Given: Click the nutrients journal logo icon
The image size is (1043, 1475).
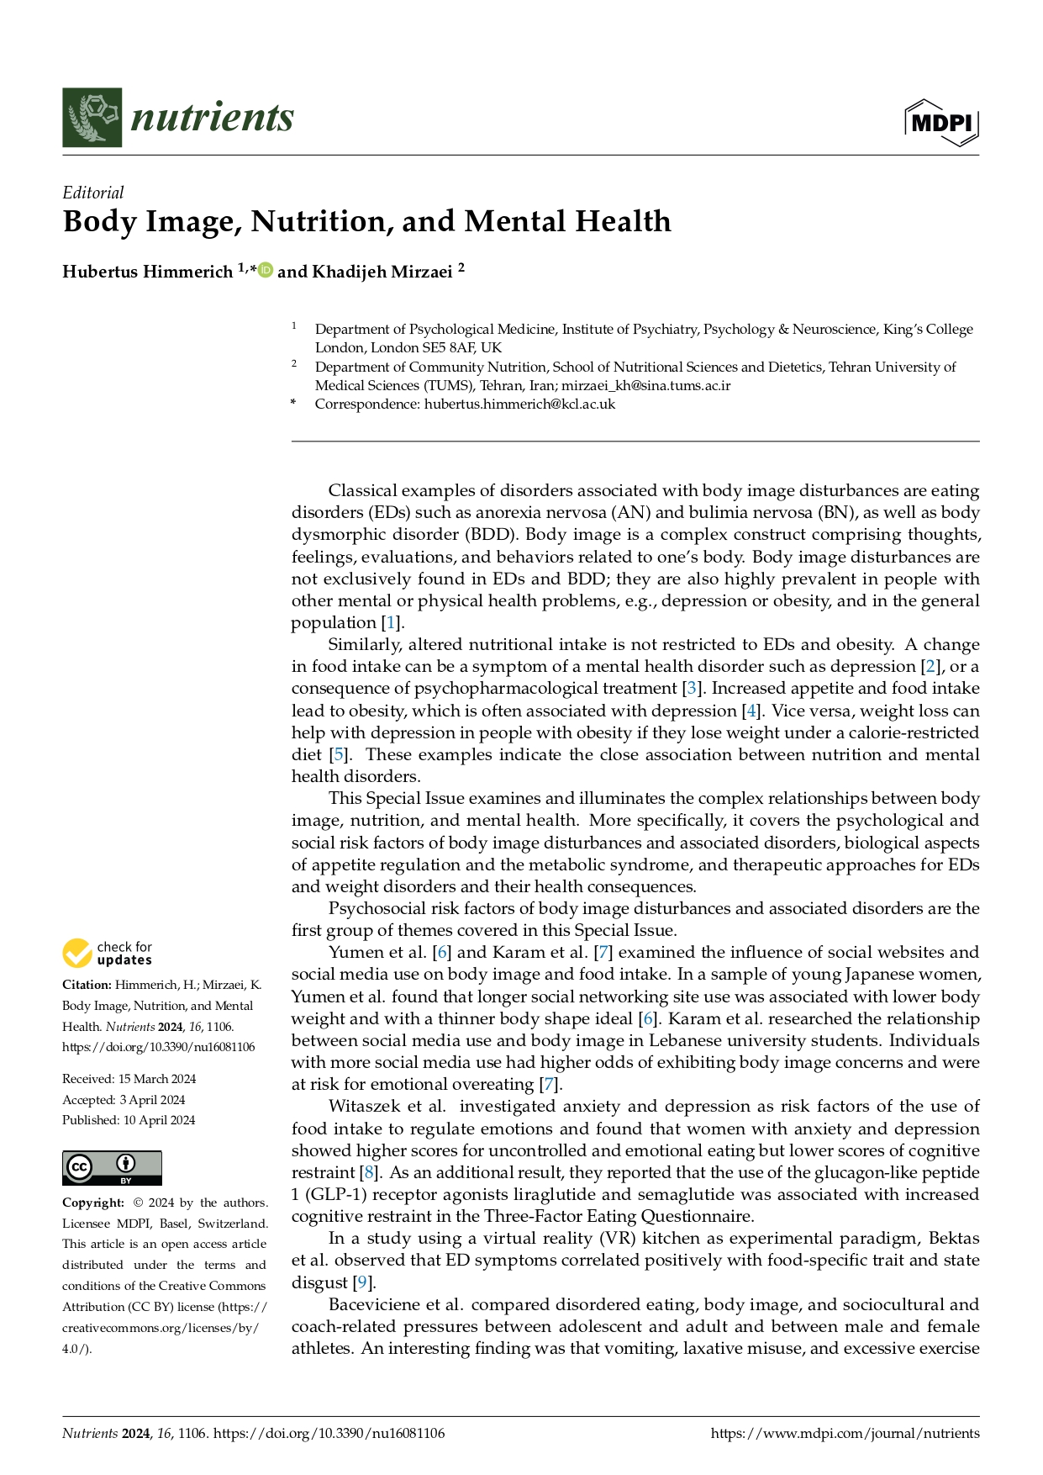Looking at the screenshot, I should (92, 117).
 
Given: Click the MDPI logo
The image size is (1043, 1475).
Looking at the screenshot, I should (941, 123).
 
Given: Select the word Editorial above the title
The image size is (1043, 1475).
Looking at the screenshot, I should (92, 193).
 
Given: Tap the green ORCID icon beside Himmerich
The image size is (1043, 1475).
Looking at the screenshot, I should (266, 270).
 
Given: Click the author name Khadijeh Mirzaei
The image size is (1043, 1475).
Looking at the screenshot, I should (382, 272).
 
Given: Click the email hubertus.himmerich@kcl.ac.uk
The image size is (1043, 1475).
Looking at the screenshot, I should (519, 404).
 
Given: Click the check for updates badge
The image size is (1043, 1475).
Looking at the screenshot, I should (107, 953).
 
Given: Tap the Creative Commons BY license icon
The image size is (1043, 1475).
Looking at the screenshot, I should (112, 1168).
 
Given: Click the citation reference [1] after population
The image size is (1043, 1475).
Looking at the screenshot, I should (390, 623).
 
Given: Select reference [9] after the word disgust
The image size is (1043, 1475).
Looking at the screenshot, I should (363, 1282).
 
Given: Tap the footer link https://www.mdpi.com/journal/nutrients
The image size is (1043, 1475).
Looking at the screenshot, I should (845, 1433).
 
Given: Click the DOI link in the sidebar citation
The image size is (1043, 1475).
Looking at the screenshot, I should (158, 1047).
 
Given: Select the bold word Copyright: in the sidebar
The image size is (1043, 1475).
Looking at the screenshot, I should (92, 1203).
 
